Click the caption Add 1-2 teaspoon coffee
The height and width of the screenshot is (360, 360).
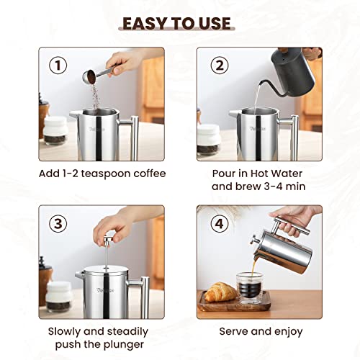point(102,174)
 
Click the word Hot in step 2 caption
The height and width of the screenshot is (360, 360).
point(266,174)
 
